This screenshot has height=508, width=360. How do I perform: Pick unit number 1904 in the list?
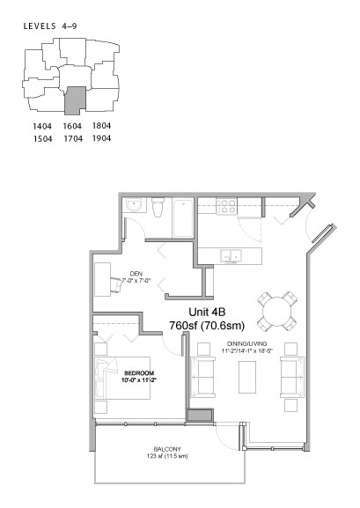point(101,138)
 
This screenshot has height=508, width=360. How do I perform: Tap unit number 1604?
point(71,127)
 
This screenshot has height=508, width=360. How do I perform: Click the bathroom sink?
point(134,208)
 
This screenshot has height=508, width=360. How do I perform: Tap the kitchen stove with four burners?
point(226,208)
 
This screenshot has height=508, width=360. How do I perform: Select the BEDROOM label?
point(139,373)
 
